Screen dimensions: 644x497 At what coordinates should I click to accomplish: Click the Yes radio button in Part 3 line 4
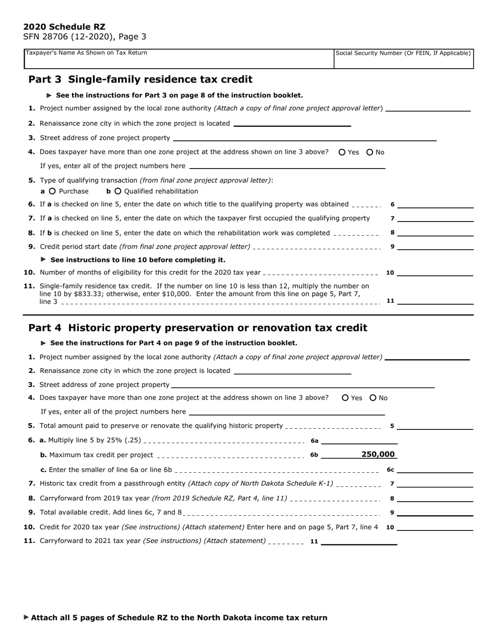click(x=342, y=152)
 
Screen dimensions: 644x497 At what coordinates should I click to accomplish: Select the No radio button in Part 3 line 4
click(x=370, y=152)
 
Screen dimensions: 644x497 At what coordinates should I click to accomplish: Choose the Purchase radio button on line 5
click(x=52, y=191)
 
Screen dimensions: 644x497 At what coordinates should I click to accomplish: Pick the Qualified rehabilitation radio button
click(x=118, y=191)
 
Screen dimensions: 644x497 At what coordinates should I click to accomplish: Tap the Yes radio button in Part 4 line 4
click(x=345, y=398)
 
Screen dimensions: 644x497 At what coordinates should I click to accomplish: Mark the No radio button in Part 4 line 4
click(x=373, y=398)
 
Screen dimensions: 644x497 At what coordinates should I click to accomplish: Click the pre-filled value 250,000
click(x=378, y=454)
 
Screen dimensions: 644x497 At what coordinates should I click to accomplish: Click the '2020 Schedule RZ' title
click(x=64, y=27)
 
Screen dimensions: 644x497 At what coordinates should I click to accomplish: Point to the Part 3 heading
click(x=140, y=80)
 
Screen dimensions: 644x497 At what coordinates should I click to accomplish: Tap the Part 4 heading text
click(x=198, y=328)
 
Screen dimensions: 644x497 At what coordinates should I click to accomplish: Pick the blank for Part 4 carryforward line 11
click(x=359, y=541)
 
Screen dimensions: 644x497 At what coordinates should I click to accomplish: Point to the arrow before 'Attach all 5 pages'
click(x=27, y=617)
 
